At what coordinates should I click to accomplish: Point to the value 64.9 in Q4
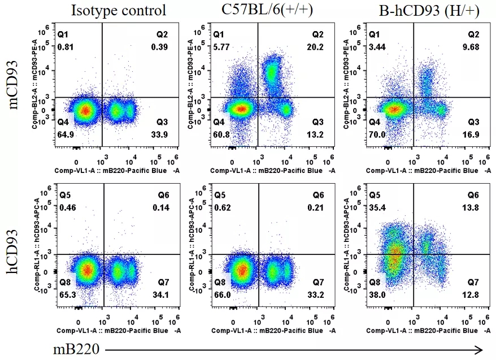[x=67, y=135]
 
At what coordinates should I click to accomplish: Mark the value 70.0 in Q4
[x=377, y=135]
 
